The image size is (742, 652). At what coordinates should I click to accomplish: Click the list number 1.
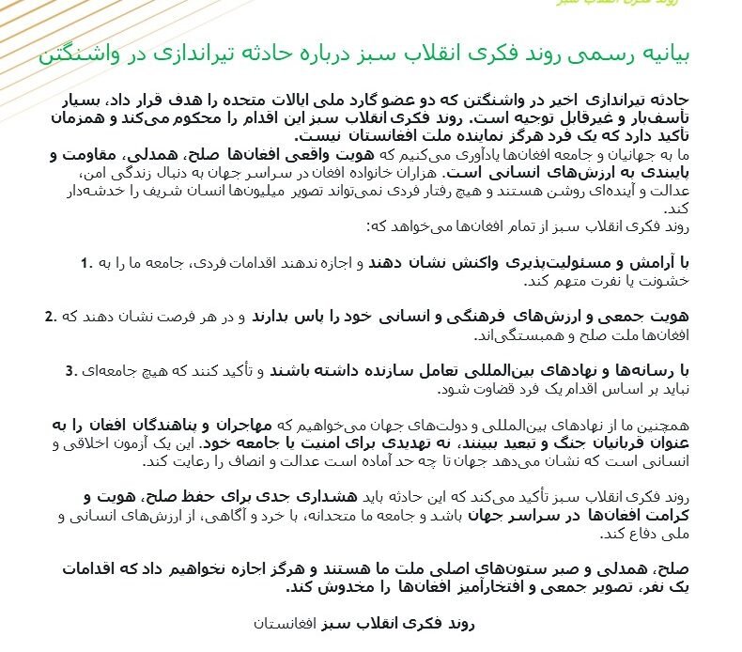(x=85, y=261)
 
